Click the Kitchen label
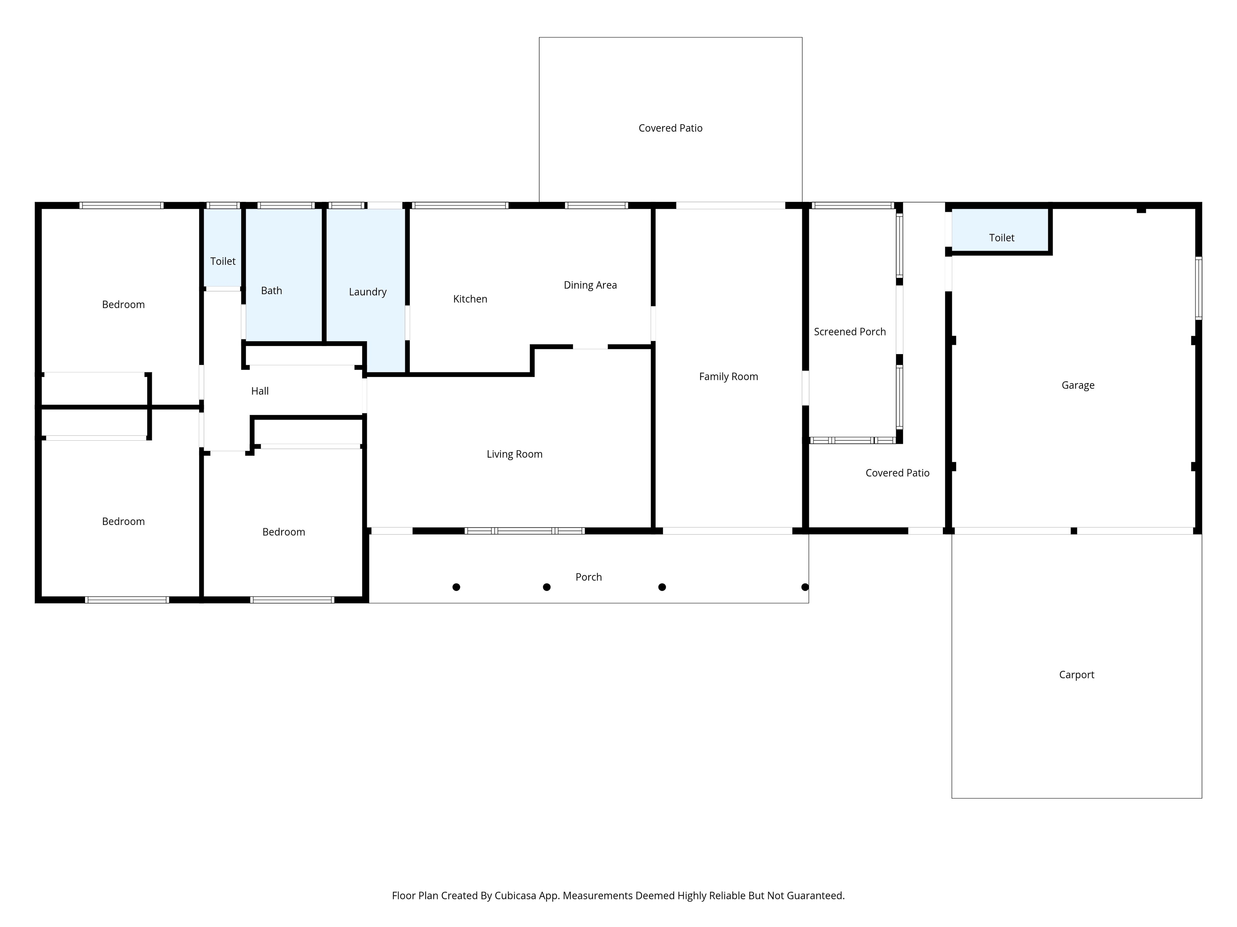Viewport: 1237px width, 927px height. point(470,299)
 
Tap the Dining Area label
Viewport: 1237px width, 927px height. point(590,285)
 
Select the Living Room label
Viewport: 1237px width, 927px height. point(514,454)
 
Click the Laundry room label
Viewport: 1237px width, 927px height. point(368,292)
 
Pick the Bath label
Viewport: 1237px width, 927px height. point(271,291)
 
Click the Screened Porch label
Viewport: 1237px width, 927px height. point(849,332)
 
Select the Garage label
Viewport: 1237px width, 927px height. point(1078,385)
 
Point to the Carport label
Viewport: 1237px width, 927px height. point(1077,674)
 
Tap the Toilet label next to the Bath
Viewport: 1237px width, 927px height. point(223,261)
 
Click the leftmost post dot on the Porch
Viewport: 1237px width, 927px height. point(456,587)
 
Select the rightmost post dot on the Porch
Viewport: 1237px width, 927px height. point(805,587)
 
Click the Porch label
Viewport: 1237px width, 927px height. point(588,577)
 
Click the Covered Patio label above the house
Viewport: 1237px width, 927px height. point(670,128)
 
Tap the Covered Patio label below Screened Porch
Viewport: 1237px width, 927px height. point(897,473)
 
